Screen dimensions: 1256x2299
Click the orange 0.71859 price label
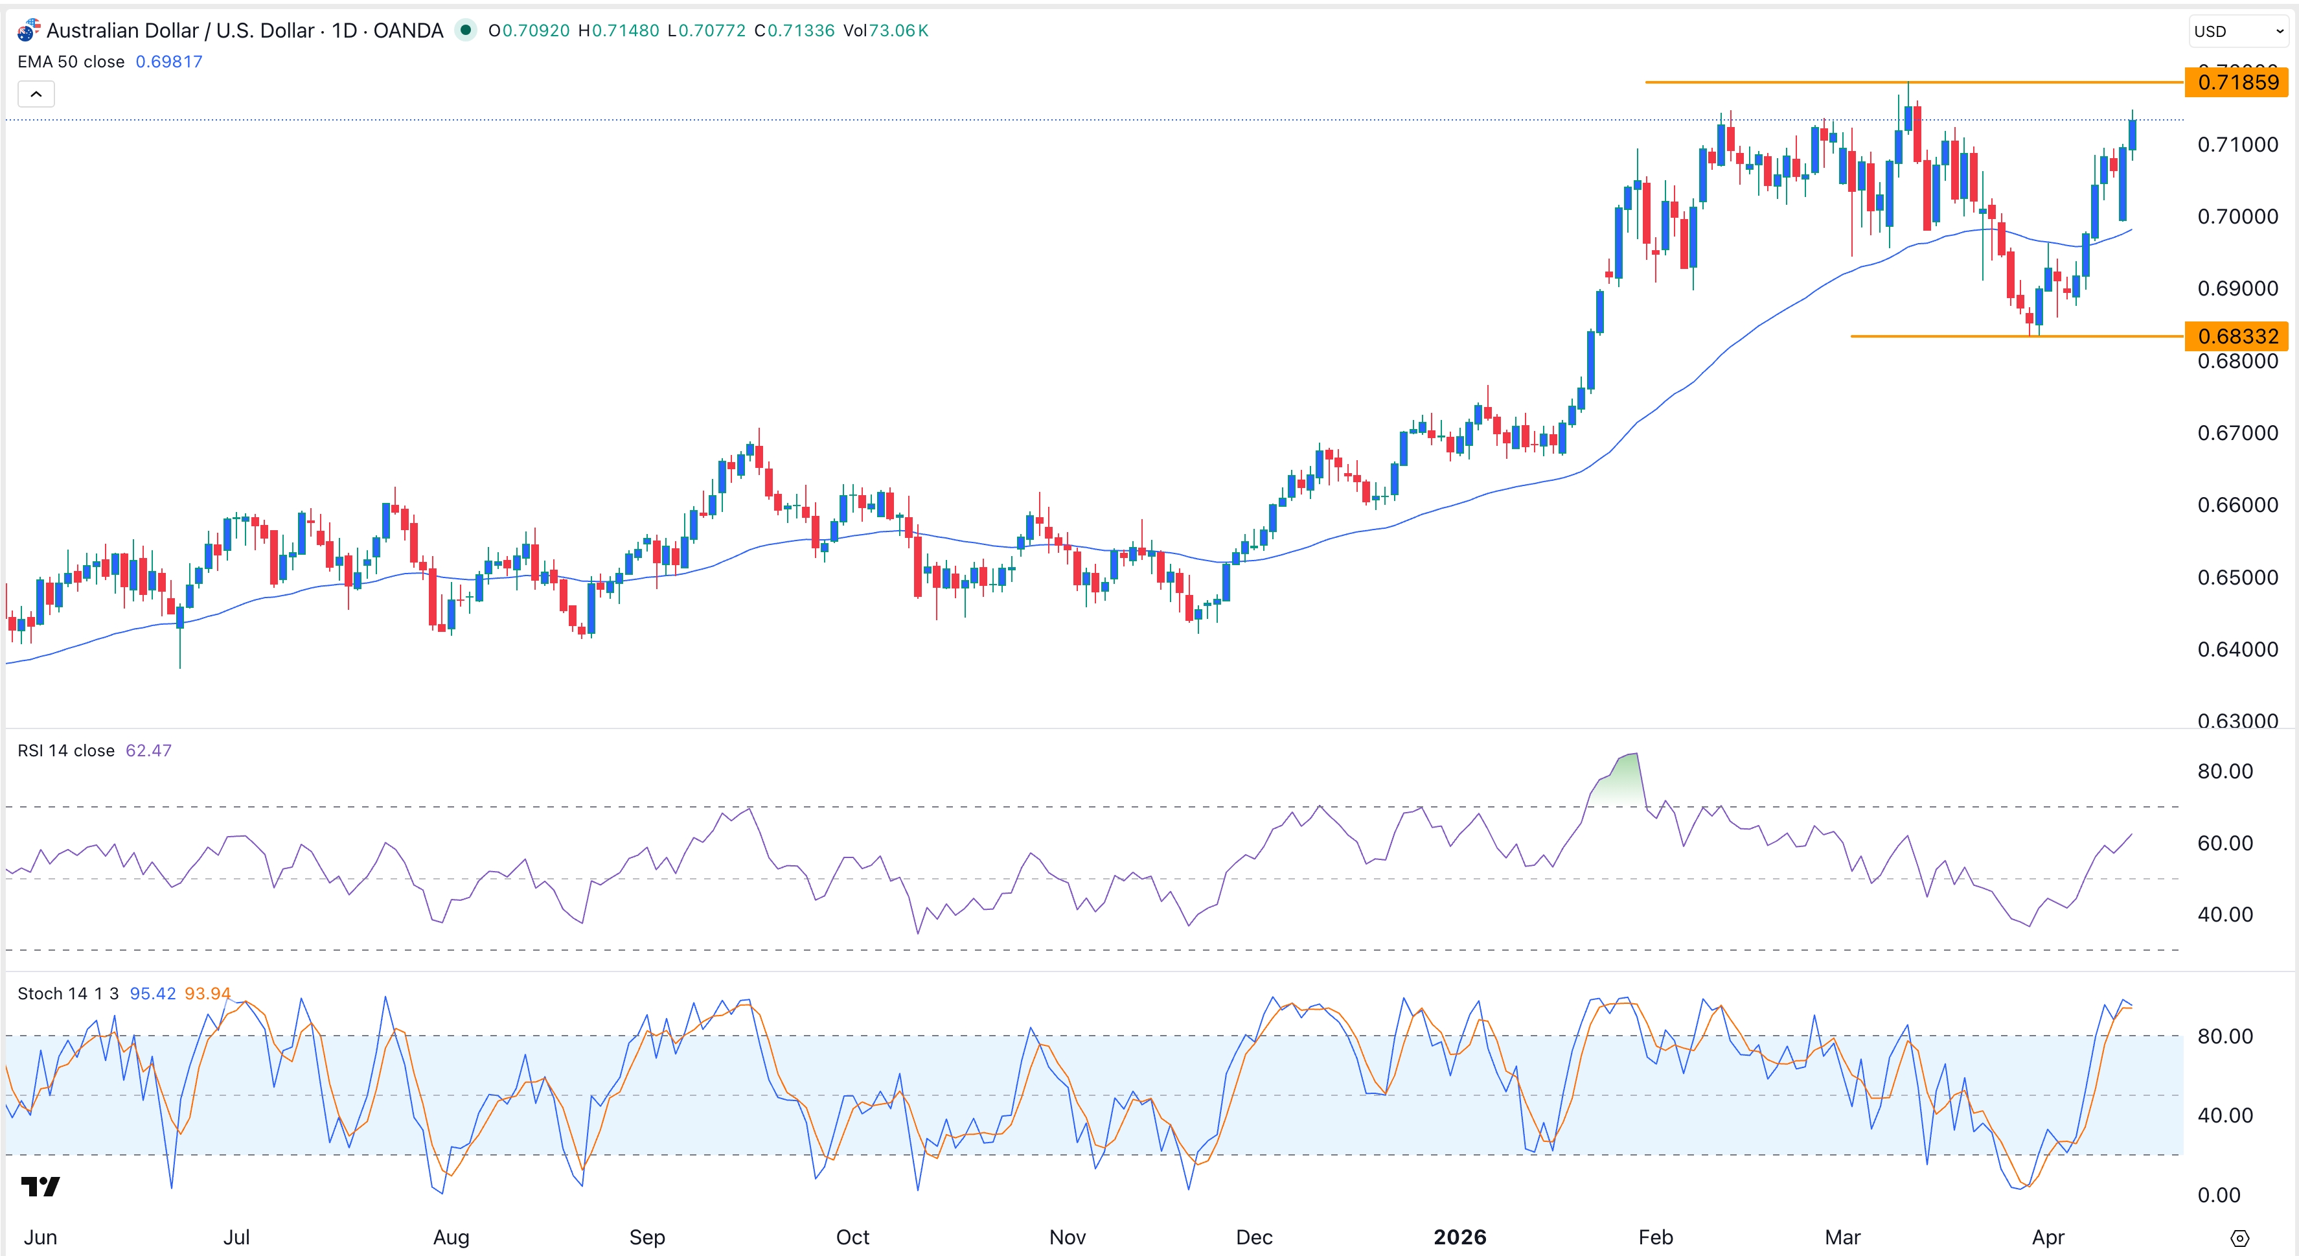coord(2237,82)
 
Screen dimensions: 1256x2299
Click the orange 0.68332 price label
coord(2237,336)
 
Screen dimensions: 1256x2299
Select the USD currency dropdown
coord(2238,31)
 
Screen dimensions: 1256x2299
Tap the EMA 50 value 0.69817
coord(168,62)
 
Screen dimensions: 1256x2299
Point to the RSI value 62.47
coord(148,750)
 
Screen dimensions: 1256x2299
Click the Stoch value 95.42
coord(153,994)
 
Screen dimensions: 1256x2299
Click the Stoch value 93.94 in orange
coord(207,994)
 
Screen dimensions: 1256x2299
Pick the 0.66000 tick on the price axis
coord(2237,506)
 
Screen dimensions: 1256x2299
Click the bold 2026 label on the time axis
coord(1459,1237)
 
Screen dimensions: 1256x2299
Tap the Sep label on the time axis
coord(647,1237)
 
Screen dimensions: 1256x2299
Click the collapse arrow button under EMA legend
coord(36,94)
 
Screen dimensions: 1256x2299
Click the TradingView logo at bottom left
coord(40,1187)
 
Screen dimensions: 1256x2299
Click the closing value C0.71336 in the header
coord(794,30)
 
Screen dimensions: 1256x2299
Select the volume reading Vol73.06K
coord(886,30)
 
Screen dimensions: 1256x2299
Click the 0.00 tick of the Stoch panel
coord(2219,1195)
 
